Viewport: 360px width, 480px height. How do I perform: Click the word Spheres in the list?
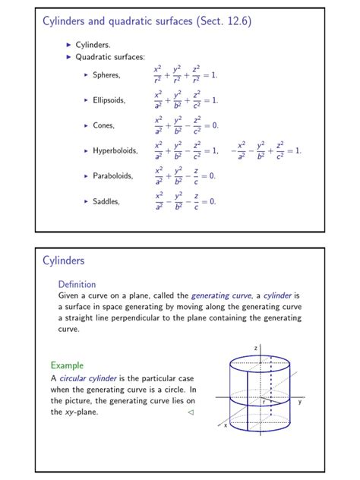[106, 74]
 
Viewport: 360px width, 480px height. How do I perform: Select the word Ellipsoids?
[109, 99]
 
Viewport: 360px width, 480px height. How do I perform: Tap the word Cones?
[103, 125]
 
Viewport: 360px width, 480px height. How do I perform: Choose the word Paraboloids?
[112, 176]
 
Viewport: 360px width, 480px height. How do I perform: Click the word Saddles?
[106, 201]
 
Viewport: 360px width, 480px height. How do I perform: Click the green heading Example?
[67, 365]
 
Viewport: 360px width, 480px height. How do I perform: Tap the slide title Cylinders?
[63, 261]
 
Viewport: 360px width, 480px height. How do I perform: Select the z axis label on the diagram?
[256, 348]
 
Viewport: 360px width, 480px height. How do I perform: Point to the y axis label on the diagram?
[300, 402]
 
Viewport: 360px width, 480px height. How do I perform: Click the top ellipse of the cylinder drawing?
[260, 362]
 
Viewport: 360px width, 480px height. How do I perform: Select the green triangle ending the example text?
[191, 412]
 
